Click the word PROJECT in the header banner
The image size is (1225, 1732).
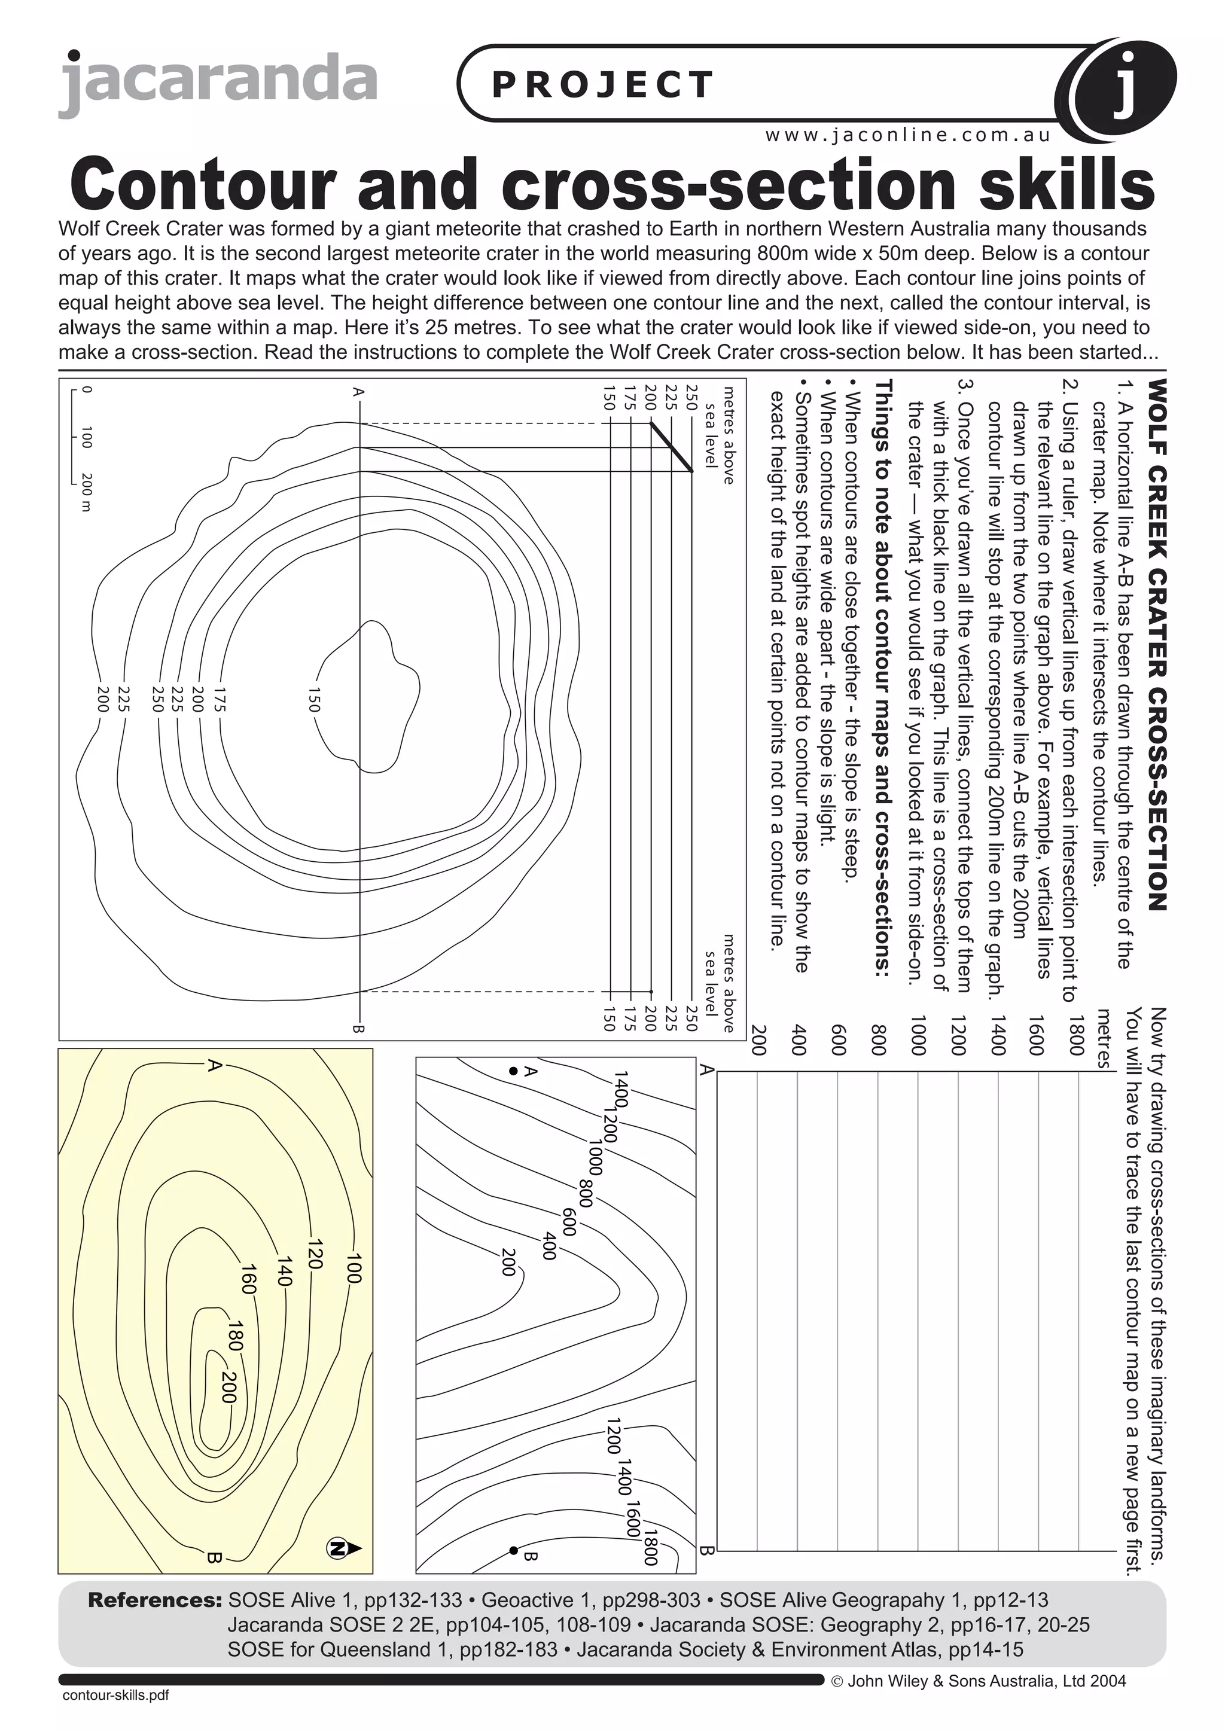click(602, 84)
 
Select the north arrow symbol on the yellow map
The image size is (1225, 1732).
click(343, 1548)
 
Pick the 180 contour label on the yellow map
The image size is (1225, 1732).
click(235, 1335)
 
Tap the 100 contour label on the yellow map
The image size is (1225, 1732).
click(354, 1267)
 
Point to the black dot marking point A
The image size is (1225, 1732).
click(514, 1071)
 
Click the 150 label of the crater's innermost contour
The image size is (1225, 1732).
click(315, 699)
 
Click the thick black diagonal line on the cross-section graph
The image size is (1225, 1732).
click(671, 447)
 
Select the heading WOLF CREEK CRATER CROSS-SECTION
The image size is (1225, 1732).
click(1156, 644)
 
